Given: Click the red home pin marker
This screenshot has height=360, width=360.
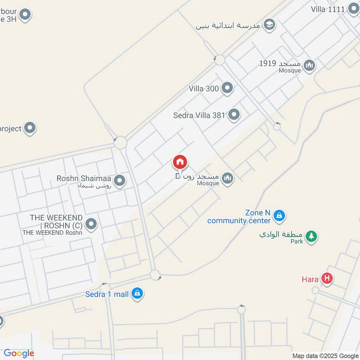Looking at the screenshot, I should (180, 162).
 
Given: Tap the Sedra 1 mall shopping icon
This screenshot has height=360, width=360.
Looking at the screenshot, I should (138, 294).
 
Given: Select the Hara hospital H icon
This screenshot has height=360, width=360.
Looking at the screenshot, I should (328, 279).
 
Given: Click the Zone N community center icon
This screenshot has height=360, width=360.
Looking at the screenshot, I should (279, 216).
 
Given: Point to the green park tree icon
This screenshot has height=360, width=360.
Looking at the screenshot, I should (311, 235).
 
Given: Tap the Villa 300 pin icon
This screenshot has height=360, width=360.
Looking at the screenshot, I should (228, 88).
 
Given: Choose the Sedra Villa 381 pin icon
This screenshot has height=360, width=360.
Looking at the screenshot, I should (234, 115).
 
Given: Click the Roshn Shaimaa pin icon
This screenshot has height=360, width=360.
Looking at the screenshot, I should (119, 181).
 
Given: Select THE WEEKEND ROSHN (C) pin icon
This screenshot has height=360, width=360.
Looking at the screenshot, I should (91, 224).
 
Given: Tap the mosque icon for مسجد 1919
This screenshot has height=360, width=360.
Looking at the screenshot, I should (309, 66).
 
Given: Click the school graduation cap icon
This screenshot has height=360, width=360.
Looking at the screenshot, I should (269, 25).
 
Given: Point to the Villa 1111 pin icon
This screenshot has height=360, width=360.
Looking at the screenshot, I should (353, 9).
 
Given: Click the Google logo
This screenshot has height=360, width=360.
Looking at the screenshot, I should (18, 354).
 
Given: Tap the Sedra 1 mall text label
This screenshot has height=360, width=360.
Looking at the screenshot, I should (107, 294).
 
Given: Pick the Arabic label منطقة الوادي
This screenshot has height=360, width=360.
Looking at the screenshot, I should (282, 235).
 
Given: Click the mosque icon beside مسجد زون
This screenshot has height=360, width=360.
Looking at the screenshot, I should (228, 179).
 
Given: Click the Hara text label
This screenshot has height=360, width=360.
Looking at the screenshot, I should (310, 279).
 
